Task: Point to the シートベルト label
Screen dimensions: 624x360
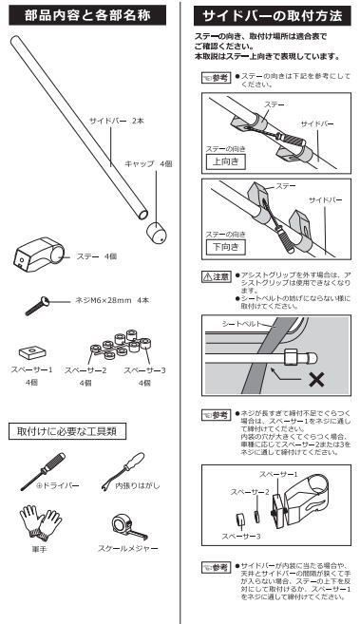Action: coord(236,324)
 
